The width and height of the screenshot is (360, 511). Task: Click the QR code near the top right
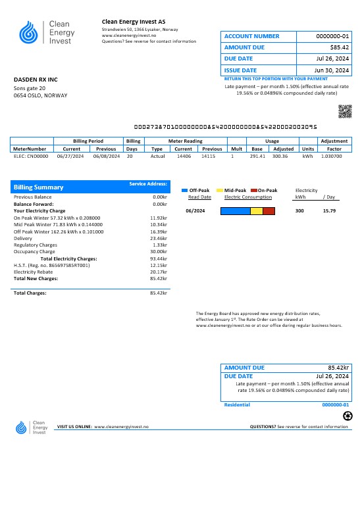tap(345, 111)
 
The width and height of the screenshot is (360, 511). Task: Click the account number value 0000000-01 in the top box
tap(332, 36)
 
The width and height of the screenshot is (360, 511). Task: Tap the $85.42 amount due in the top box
tap(339, 47)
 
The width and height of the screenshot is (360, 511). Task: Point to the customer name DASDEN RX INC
tap(36, 80)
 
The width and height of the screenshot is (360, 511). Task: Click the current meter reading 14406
tap(184, 157)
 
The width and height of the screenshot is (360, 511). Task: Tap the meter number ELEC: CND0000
tap(31, 157)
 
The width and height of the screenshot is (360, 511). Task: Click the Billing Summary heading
tap(39, 187)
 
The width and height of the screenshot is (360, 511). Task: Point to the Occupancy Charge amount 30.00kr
tap(158, 252)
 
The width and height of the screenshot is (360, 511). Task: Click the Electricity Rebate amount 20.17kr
tap(158, 272)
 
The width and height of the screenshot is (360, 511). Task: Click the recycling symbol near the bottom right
tap(347, 415)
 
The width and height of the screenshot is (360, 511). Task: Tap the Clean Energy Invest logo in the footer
tap(32, 427)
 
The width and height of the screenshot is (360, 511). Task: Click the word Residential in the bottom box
tap(238, 405)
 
